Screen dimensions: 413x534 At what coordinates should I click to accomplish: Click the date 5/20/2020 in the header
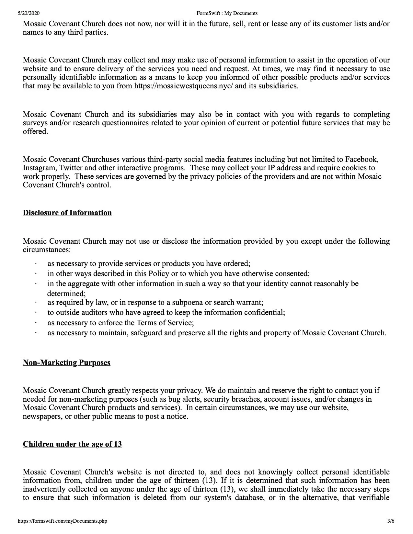click(x=29, y=13)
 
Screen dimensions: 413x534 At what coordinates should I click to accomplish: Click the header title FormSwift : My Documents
click(x=227, y=13)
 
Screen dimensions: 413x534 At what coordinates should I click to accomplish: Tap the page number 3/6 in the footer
click(x=391, y=521)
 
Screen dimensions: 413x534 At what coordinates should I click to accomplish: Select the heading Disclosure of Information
click(x=67, y=213)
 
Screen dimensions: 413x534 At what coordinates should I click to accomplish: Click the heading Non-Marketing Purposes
click(x=66, y=363)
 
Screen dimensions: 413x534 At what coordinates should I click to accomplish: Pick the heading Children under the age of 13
click(x=72, y=444)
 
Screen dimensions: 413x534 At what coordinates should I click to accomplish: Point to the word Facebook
click(x=361, y=160)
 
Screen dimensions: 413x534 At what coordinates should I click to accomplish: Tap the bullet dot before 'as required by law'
click(x=36, y=303)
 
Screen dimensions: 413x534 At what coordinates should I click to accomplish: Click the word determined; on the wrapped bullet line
click(x=66, y=294)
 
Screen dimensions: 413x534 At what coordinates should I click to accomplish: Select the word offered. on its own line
click(x=35, y=132)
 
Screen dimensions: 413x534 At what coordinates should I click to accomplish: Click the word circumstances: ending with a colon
click(x=47, y=250)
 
